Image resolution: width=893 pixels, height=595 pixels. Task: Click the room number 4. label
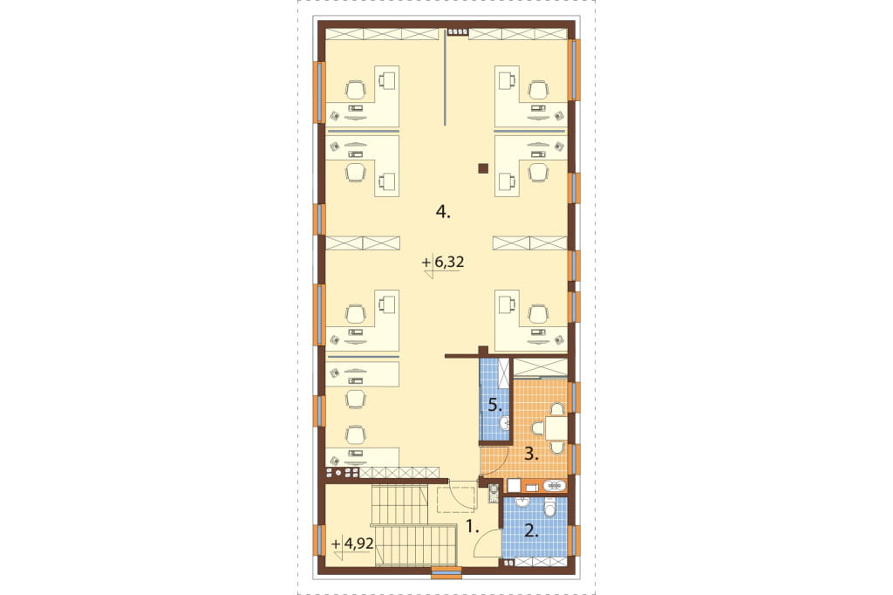[442, 213]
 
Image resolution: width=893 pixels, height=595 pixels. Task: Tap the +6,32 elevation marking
[442, 262]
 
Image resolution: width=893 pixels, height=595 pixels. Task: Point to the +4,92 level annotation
[352, 544]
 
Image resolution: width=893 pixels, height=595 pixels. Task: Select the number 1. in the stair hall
[472, 527]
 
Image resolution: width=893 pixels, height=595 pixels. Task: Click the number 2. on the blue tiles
[531, 531]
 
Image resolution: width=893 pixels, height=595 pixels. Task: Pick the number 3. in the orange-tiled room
[531, 455]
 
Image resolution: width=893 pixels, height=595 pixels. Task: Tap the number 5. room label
[494, 407]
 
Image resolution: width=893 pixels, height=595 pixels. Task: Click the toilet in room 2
[550, 505]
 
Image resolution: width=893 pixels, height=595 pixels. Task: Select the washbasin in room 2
[522, 503]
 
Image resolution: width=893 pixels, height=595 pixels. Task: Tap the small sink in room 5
[504, 423]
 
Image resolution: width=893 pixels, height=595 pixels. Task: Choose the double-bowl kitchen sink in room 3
[554, 486]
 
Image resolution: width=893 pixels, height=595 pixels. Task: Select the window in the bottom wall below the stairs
[446, 572]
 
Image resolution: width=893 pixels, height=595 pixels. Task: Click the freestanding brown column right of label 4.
[483, 168]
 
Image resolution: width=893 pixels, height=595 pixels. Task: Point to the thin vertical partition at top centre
[445, 78]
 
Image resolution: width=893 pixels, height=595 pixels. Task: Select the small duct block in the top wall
[457, 32]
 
